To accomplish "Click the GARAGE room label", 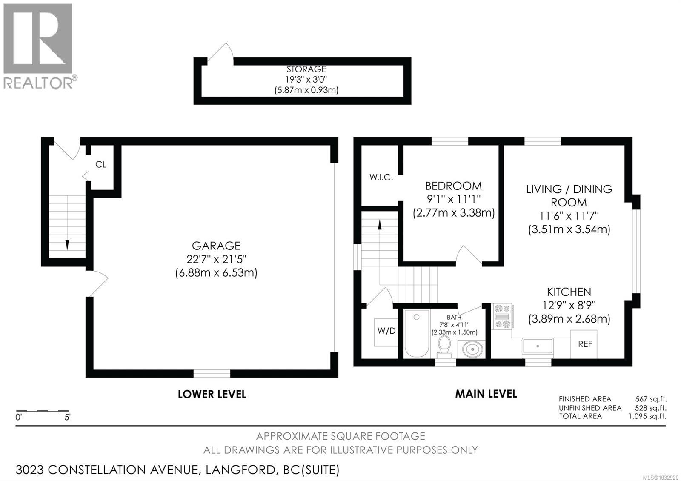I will coord(216,246).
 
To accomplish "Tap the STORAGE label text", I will coord(306,69).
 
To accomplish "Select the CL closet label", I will coord(101,165).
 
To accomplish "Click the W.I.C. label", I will coord(381,178).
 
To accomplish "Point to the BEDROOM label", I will coord(453,186).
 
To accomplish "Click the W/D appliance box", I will coord(386,331).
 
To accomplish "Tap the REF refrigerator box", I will coord(584,344).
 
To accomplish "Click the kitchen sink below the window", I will coord(538,346).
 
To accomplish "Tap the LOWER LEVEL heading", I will coord(212,395).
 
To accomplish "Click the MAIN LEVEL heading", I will coord(486,394).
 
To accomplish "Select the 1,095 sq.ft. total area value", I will coord(647,416).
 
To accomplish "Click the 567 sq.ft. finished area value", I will coord(651,399).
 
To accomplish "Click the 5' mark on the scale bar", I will coord(67,418).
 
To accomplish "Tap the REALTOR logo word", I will coord(38,83).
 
